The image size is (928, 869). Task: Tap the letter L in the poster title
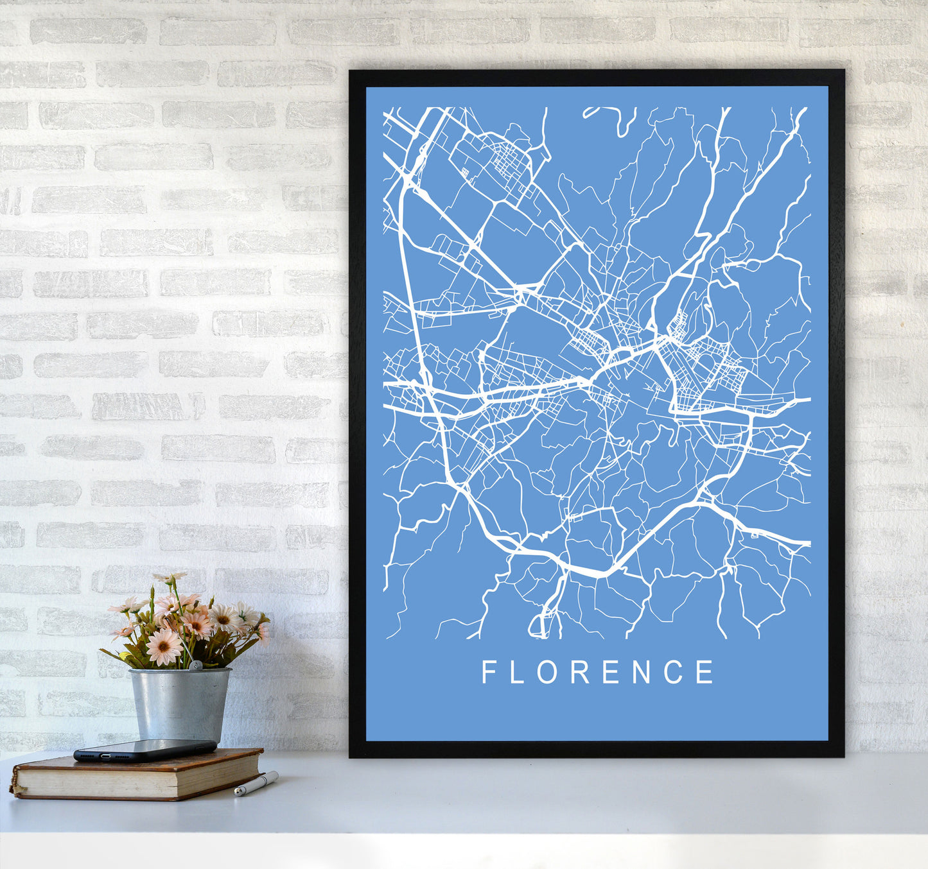click(x=516, y=672)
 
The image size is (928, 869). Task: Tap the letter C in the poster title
click(x=674, y=672)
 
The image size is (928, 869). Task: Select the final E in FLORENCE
click(x=705, y=672)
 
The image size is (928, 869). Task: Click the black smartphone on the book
click(x=144, y=750)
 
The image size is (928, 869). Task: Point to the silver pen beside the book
click(x=256, y=784)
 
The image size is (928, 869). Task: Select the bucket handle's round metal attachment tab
click(x=191, y=666)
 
